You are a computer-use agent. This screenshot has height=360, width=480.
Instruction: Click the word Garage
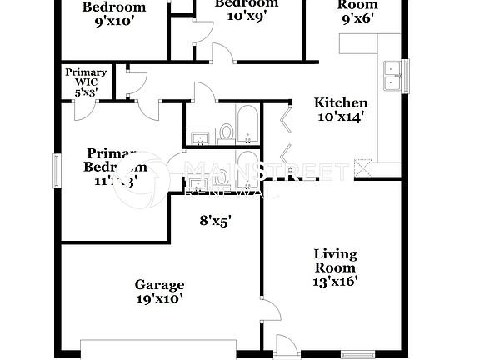(x=160, y=285)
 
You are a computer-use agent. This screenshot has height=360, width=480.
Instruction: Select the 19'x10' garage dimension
(x=160, y=297)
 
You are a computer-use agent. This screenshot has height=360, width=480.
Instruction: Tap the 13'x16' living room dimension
(x=335, y=281)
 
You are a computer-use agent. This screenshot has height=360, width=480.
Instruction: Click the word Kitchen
(x=335, y=103)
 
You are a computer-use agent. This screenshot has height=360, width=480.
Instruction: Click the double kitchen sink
(x=390, y=75)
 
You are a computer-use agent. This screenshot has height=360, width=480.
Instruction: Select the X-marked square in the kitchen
(x=363, y=170)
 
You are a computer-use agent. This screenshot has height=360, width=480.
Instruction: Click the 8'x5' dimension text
(x=214, y=221)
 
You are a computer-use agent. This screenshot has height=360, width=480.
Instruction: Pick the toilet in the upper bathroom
(x=227, y=132)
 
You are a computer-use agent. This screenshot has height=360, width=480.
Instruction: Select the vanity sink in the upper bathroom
(x=200, y=135)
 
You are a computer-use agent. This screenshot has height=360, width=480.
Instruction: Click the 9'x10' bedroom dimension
(x=114, y=21)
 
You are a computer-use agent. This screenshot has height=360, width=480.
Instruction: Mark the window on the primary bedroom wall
(x=57, y=170)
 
